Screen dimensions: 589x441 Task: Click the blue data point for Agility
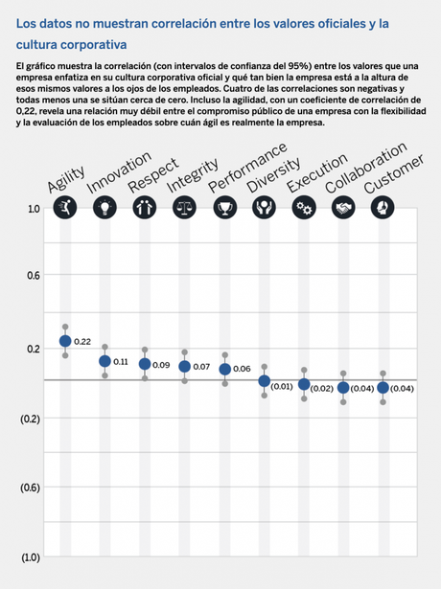point(65,341)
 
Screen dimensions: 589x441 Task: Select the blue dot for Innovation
point(105,361)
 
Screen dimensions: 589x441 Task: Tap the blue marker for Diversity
point(265,381)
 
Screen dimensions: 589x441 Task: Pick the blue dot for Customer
point(383,388)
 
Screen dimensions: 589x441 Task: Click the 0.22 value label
point(82,342)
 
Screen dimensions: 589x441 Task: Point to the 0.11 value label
point(122,362)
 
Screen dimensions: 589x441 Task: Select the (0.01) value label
point(282,386)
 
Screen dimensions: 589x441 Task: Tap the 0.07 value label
point(201,367)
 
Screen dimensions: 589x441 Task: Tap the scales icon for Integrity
point(184,206)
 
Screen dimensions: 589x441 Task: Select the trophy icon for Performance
point(224,206)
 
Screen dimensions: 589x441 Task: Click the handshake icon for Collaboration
point(343,206)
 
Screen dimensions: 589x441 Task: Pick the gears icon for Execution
point(304,206)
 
